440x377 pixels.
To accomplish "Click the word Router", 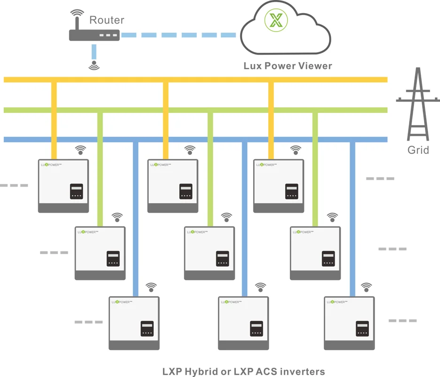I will click(107, 20).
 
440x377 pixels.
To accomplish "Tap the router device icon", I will click(94, 35).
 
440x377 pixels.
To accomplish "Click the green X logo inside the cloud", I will click(276, 21).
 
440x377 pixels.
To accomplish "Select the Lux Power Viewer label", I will click(288, 66).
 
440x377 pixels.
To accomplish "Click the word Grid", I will click(418, 151).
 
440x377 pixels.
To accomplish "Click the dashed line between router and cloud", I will click(179, 35).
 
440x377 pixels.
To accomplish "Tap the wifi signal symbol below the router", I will click(94, 65).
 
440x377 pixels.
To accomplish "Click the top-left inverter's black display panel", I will click(77, 192).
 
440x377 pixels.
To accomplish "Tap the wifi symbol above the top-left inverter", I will click(81, 150).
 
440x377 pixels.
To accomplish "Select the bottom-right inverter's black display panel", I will click(362, 329).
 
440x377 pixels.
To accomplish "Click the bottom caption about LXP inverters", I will click(243, 371).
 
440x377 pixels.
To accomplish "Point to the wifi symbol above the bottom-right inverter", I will click(366, 287).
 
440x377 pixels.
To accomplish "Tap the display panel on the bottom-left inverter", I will click(147, 329).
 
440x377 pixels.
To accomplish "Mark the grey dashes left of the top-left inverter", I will click(14, 185).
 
